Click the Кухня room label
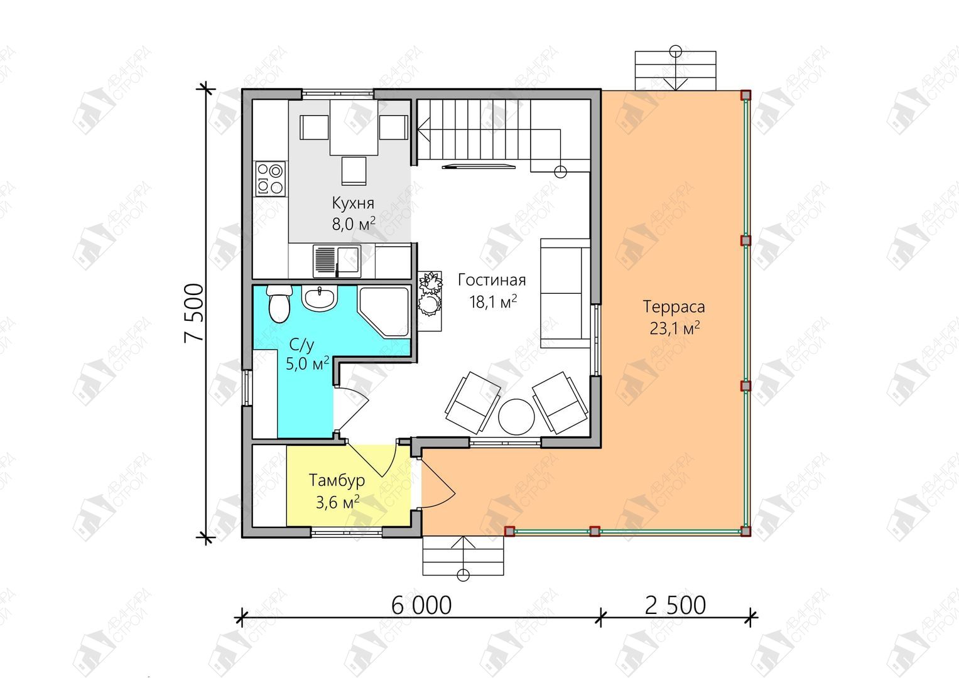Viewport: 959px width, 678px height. pyautogui.click(x=353, y=203)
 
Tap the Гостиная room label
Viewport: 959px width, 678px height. pyautogui.click(x=492, y=280)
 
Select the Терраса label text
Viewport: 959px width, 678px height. pyautogui.click(x=674, y=307)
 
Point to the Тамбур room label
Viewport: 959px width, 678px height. pyautogui.click(x=337, y=480)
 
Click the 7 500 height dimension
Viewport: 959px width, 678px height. pyautogui.click(x=194, y=313)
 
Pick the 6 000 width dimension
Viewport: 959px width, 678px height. pyautogui.click(x=421, y=605)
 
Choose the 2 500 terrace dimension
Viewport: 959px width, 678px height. pyautogui.click(x=675, y=605)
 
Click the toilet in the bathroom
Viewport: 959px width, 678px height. pyautogui.click(x=279, y=303)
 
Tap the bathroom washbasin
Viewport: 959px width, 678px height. pyautogui.click(x=320, y=298)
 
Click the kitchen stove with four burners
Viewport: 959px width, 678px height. pyautogui.click(x=270, y=179)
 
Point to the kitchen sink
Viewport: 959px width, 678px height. pyautogui.click(x=337, y=261)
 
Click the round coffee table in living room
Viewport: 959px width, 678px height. pyautogui.click(x=516, y=417)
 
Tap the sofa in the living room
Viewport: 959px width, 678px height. pyautogui.click(x=566, y=294)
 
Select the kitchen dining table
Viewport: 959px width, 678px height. pyautogui.click(x=354, y=127)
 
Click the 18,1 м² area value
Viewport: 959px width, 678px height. pyautogui.click(x=493, y=302)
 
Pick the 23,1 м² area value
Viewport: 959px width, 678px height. pyautogui.click(x=675, y=328)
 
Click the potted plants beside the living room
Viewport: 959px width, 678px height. pyautogui.click(x=430, y=294)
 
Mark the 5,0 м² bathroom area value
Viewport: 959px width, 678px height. pyautogui.click(x=307, y=363)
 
